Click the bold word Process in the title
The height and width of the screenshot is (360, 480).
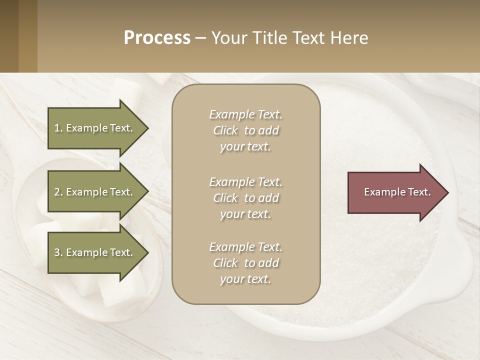(x=157, y=38)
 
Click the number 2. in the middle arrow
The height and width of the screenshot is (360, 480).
(x=58, y=192)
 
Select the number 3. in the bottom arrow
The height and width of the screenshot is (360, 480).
(x=58, y=252)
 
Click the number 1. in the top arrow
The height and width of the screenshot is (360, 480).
(x=58, y=128)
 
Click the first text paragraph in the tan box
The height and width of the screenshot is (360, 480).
(x=245, y=130)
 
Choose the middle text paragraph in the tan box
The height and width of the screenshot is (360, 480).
(x=245, y=198)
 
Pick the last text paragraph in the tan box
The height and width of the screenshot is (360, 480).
(x=245, y=263)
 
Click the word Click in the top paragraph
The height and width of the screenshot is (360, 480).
(x=225, y=130)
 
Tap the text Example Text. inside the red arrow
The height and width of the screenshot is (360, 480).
(x=397, y=192)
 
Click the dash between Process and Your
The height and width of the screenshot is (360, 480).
(x=200, y=38)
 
